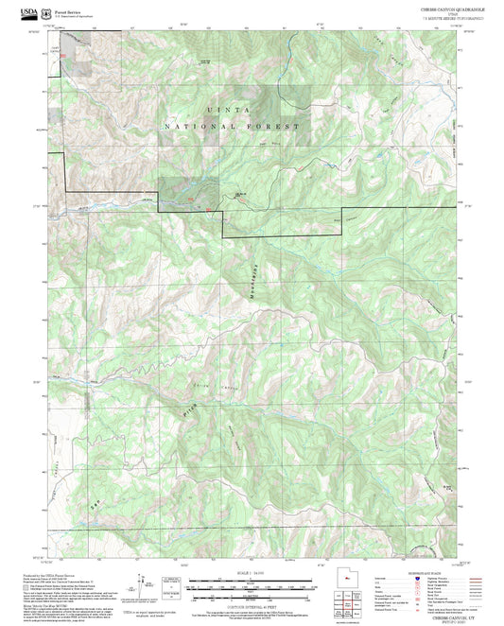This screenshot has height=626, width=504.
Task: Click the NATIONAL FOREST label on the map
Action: click(x=232, y=126)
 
